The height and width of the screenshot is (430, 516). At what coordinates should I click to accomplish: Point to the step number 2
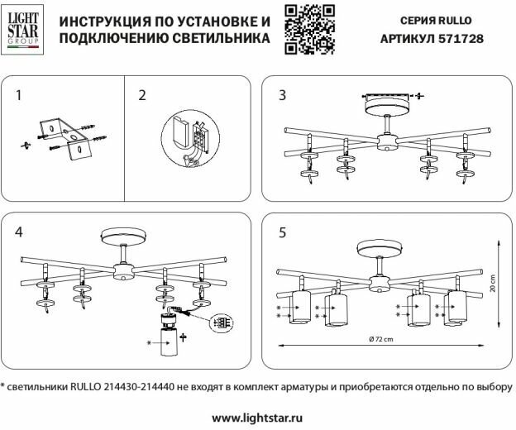click(141, 95)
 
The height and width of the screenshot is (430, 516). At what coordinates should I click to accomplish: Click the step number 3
click(283, 95)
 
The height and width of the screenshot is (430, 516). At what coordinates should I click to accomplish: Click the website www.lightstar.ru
click(257, 418)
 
